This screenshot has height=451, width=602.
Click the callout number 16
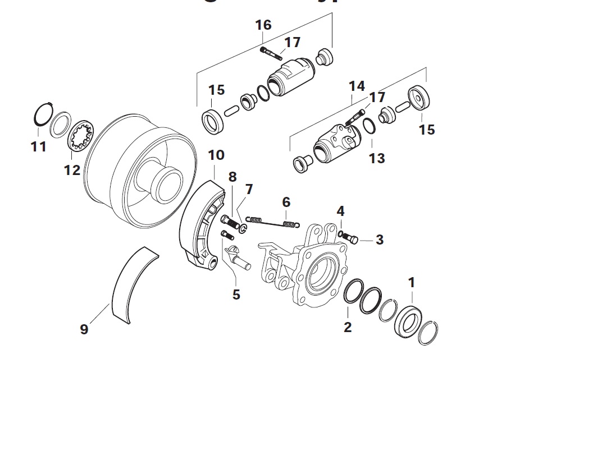click(263, 25)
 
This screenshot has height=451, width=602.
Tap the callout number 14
click(357, 86)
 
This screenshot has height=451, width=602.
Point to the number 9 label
click(84, 329)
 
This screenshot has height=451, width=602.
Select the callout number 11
click(38, 147)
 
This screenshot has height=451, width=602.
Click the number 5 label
click(236, 294)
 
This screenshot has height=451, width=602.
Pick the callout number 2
click(348, 328)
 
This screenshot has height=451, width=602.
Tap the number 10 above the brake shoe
click(216, 155)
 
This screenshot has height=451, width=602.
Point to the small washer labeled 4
click(340, 233)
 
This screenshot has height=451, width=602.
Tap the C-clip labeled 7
click(242, 227)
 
